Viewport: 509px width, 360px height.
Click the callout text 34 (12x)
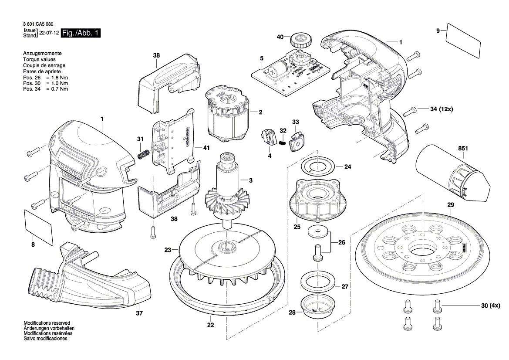point(441,109)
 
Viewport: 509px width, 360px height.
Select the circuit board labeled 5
point(290,72)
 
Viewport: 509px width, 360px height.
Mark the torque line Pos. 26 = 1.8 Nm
point(45,77)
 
